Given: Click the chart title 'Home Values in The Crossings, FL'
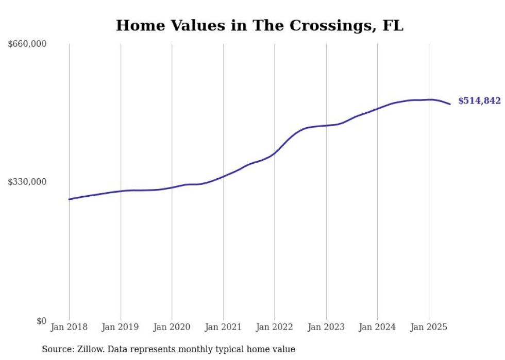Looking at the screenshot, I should [x=259, y=25].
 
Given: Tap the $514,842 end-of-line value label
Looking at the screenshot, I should [x=479, y=101].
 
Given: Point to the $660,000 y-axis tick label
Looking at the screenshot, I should [x=27, y=44].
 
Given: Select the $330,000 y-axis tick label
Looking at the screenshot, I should [x=27, y=182].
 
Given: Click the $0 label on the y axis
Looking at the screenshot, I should [x=41, y=321].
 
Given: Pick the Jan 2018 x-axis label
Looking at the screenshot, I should [x=69, y=327].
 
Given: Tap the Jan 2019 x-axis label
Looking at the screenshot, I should [x=121, y=327].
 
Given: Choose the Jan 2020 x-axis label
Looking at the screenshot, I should [x=172, y=327].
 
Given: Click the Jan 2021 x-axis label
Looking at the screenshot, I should [x=223, y=327].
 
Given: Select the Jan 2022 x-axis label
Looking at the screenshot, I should [x=274, y=327].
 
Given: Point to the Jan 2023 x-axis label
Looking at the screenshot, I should [x=326, y=327].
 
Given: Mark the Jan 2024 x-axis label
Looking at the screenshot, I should [x=377, y=327].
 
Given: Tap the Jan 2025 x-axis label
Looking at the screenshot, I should [x=428, y=327].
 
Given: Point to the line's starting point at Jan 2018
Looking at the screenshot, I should [x=69, y=199].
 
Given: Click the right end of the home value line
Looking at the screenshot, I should [x=450, y=104].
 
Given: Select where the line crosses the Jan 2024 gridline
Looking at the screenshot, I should [x=377, y=109].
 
